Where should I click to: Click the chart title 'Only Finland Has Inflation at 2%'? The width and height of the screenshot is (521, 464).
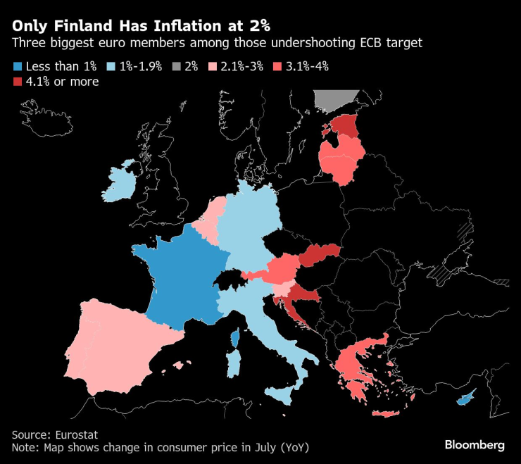[x=139, y=25]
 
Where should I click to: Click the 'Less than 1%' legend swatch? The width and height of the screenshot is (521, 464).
[x=18, y=67]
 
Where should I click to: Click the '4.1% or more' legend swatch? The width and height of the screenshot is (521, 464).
[x=18, y=82]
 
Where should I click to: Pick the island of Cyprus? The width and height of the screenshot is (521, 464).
[x=465, y=399]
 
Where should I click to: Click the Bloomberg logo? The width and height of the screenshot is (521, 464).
[x=474, y=445]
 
